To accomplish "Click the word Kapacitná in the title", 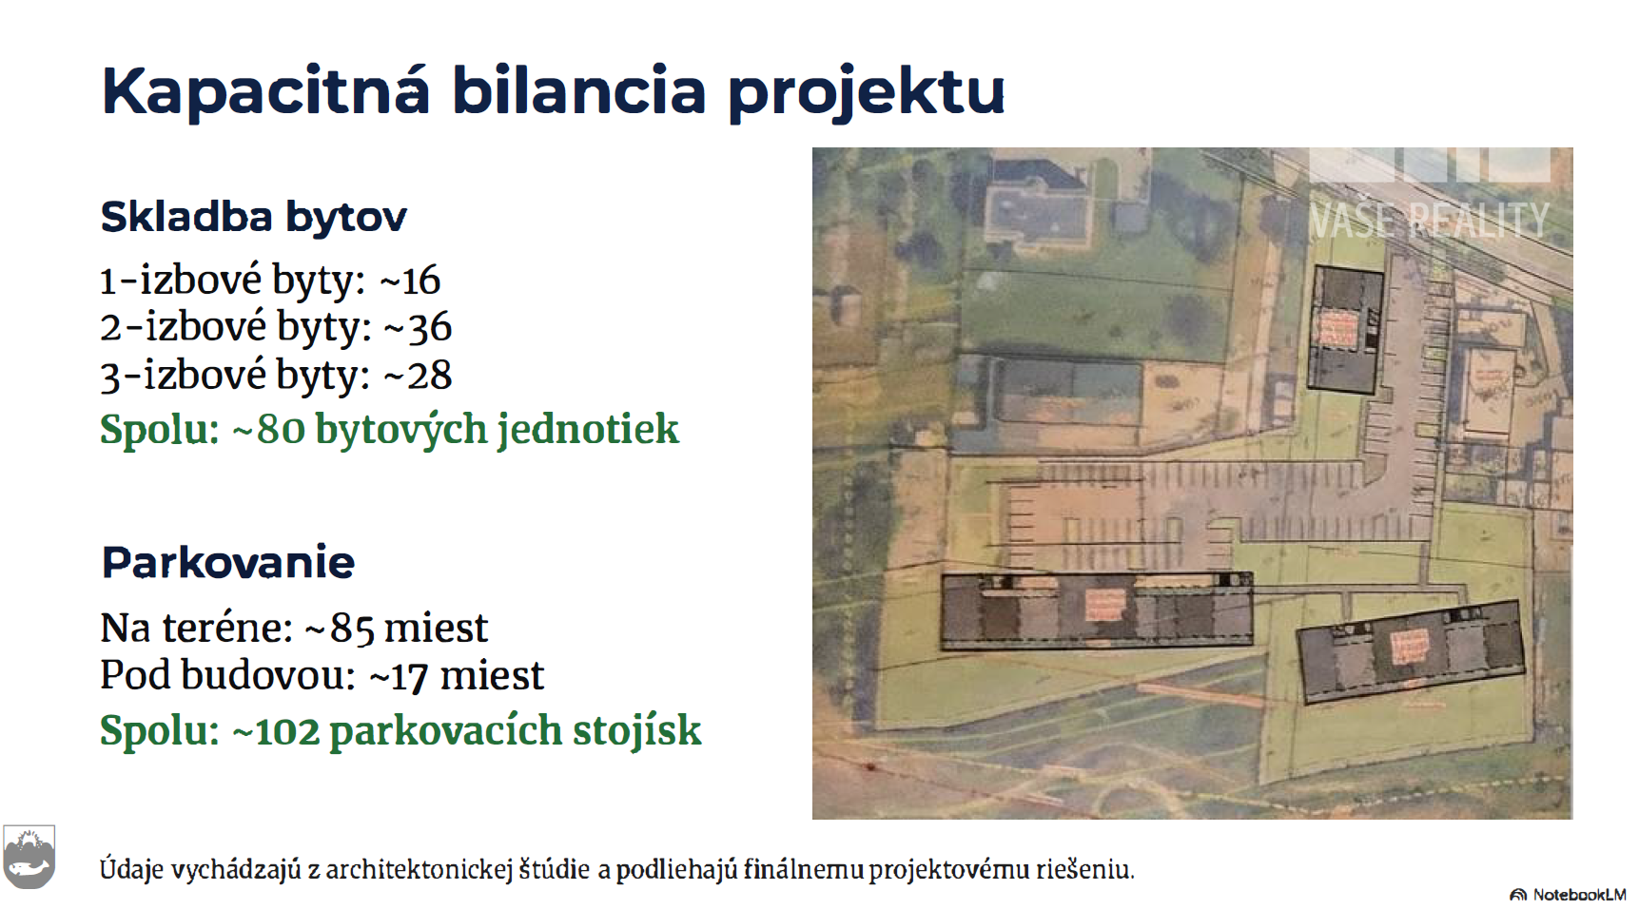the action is (265, 91).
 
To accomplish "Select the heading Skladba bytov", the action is (253, 217).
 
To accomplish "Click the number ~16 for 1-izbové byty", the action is (410, 281).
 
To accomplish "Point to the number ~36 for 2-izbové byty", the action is (417, 327).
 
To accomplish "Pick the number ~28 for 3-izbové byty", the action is (417, 375).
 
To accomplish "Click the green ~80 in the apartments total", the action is (267, 429).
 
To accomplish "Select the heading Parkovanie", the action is (228, 562).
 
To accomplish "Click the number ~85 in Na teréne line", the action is (339, 629).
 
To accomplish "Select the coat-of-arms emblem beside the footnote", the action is (29, 857).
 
